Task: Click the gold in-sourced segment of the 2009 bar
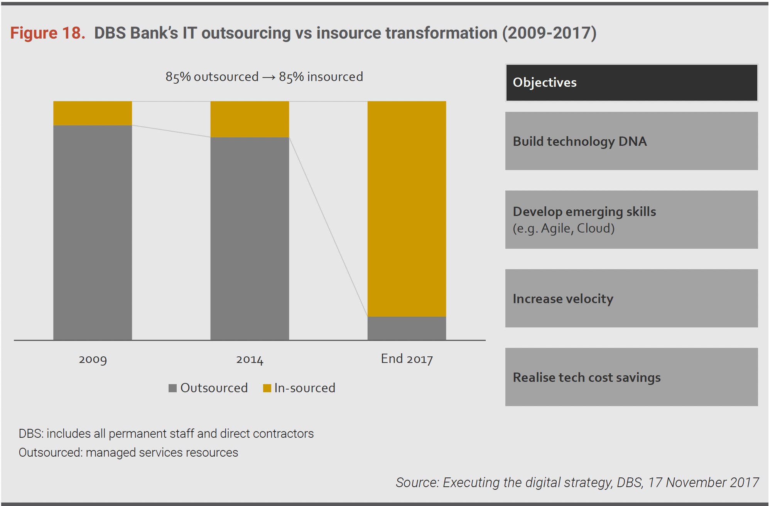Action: tap(93, 113)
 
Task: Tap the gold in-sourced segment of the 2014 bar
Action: tap(250, 119)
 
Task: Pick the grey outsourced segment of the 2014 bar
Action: tap(250, 238)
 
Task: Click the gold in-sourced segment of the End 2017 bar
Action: tap(407, 209)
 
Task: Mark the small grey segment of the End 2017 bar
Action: tap(407, 328)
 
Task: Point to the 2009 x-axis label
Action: tap(93, 359)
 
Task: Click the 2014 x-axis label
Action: tap(250, 359)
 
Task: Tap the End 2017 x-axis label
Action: tap(407, 359)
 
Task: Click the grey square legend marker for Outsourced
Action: tap(172, 388)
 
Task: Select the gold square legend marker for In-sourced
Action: tap(267, 388)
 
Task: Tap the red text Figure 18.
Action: tap(47, 33)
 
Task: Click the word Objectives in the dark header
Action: tap(544, 83)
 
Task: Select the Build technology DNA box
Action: tap(631, 141)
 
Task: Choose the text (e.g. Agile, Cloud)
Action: tap(563, 228)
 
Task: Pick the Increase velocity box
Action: tap(631, 299)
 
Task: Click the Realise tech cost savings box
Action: tap(631, 377)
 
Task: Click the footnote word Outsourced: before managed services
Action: tap(51, 452)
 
